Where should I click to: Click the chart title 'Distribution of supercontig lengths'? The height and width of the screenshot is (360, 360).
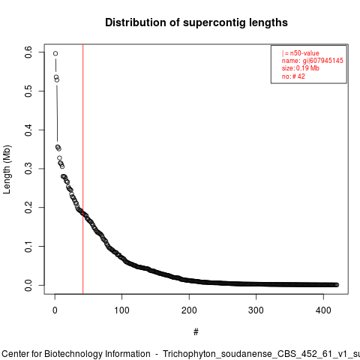pyautogui.click(x=196, y=22)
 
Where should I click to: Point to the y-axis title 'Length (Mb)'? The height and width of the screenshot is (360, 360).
pyautogui.click(x=7, y=169)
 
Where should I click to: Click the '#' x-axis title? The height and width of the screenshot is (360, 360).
pyautogui.click(x=196, y=332)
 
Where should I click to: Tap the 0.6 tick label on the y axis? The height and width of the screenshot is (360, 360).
pyautogui.click(x=28, y=52)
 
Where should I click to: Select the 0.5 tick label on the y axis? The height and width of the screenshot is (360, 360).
pyautogui.click(x=28, y=91)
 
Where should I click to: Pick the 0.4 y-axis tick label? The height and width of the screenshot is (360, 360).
pyautogui.click(x=28, y=130)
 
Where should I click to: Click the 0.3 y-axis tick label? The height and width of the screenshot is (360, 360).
pyautogui.click(x=28, y=169)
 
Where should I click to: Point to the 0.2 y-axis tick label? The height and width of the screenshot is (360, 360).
pyautogui.click(x=28, y=208)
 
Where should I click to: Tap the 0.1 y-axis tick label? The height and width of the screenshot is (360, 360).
pyautogui.click(x=28, y=247)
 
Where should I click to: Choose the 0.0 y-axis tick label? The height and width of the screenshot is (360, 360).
pyautogui.click(x=28, y=285)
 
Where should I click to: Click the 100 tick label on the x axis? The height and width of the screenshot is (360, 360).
pyautogui.click(x=121, y=310)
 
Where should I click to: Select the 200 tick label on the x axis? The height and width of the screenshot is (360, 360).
pyautogui.click(x=189, y=310)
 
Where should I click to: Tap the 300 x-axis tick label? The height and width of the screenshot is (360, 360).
pyautogui.click(x=256, y=310)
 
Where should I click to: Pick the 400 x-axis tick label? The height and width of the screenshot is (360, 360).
pyautogui.click(x=323, y=310)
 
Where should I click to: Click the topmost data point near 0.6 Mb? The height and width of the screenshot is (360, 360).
pyautogui.click(x=55, y=53)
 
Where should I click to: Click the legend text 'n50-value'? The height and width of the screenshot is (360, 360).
pyautogui.click(x=304, y=53)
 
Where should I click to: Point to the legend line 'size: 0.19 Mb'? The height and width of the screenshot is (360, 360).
pyautogui.click(x=301, y=68)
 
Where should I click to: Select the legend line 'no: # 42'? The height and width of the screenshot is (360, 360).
pyautogui.click(x=293, y=76)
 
